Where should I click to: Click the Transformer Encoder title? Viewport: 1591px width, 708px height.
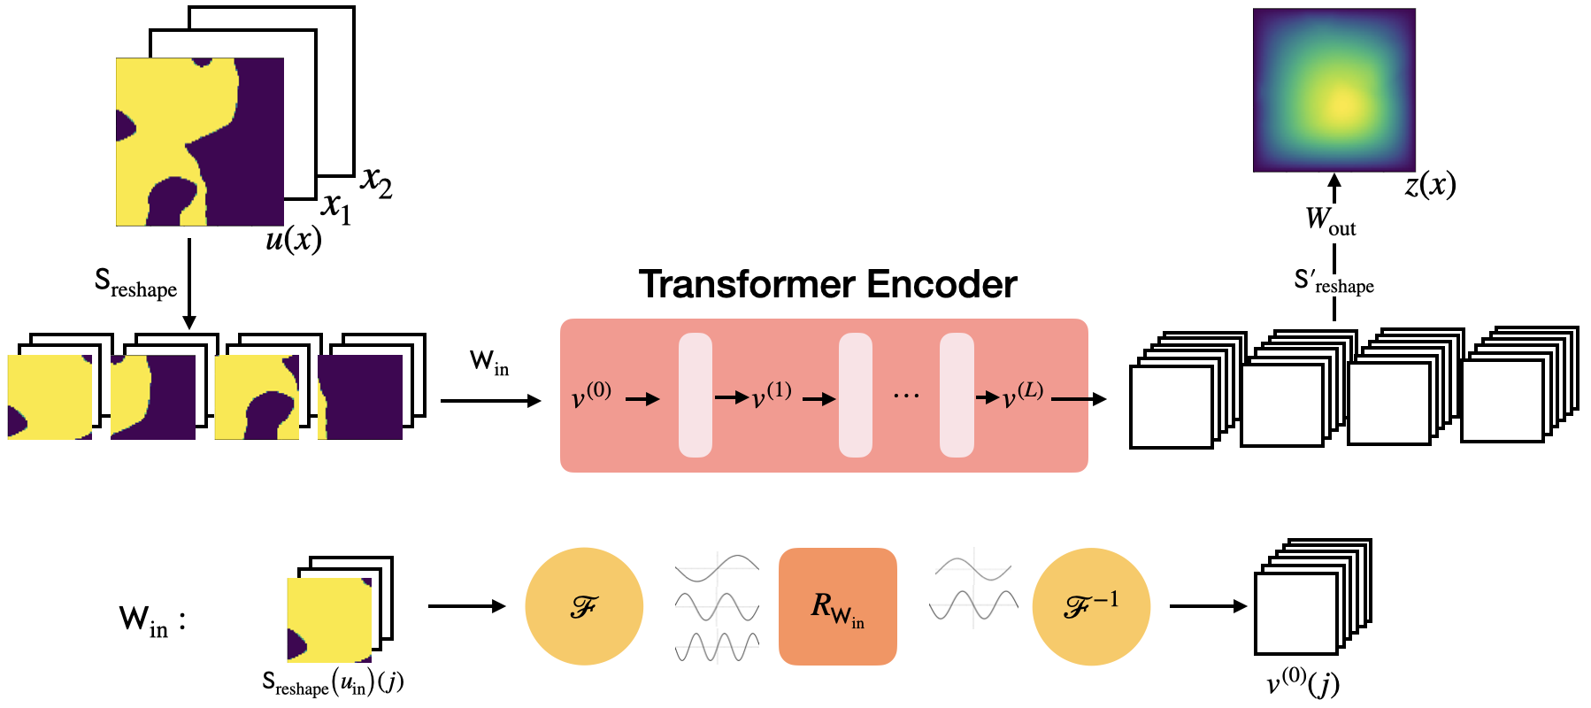827,284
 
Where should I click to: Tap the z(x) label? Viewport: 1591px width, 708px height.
1430,185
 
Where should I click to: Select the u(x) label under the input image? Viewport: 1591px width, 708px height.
294,240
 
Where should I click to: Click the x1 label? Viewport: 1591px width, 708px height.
336,208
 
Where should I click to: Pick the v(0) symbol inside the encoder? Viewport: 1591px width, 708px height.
591,396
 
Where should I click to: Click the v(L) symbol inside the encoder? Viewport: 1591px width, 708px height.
1023,396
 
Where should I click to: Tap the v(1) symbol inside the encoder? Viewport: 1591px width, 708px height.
772,396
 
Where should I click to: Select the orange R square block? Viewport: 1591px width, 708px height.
837,606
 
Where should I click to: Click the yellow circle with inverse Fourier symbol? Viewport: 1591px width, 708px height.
1090,606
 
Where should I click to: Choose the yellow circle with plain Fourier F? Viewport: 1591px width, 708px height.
584,606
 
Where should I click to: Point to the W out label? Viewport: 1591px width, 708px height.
1330,220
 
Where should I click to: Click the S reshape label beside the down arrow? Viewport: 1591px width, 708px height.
135,284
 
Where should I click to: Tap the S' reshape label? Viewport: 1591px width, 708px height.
1334,282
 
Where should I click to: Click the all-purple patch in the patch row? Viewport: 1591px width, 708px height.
360,396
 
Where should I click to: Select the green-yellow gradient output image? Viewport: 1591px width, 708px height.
1334,90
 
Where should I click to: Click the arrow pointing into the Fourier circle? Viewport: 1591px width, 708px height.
466,606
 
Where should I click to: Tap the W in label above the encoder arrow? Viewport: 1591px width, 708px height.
489,362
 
